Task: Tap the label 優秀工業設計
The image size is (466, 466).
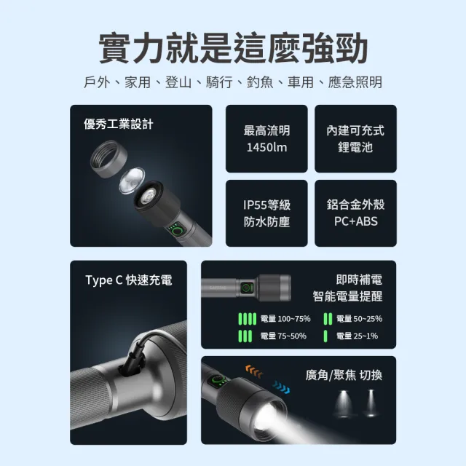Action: pyautogui.click(x=119, y=124)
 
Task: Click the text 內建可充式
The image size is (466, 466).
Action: pyautogui.click(x=355, y=130)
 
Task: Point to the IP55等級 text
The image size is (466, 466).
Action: pyautogui.click(x=266, y=205)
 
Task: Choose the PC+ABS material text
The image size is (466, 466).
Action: pyautogui.click(x=355, y=221)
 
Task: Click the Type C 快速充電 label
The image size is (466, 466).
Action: pyautogui.click(x=129, y=280)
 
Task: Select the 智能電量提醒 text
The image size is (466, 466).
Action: pyautogui.click(x=347, y=296)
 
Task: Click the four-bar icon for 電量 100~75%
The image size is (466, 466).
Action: pyautogui.click(x=248, y=318)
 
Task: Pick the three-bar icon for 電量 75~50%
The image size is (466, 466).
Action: pyautogui.click(x=247, y=336)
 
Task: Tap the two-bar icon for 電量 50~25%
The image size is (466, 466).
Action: pyautogui.click(x=328, y=318)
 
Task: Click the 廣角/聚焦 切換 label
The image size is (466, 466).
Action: pyautogui.click(x=343, y=376)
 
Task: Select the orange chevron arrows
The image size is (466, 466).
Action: pyautogui.click(x=252, y=370)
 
